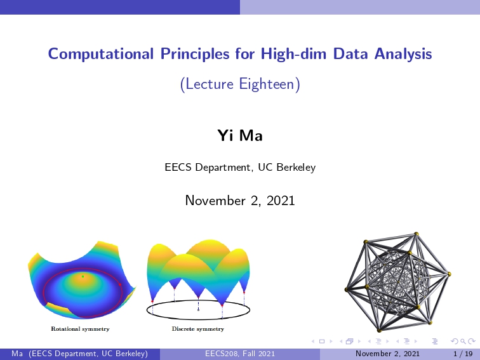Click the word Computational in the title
tap(101, 54)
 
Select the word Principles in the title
tap(195, 54)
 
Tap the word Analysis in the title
tap(403, 54)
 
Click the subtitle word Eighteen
tap(266, 84)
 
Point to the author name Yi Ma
tap(240, 135)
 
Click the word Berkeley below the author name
tap(296, 168)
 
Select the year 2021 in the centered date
tap(281, 201)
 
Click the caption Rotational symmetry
tap(80, 329)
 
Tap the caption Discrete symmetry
tap(198, 329)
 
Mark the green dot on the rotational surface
tap(83, 276)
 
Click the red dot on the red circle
tap(120, 284)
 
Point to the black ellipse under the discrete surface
tap(198, 319)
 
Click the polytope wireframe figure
tap(398, 282)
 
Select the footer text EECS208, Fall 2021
tap(240, 354)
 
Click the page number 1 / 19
tap(463, 354)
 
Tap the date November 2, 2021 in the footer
tap(387, 354)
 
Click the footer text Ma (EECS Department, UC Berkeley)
tap(79, 354)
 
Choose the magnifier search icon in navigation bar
tap(463, 341)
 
